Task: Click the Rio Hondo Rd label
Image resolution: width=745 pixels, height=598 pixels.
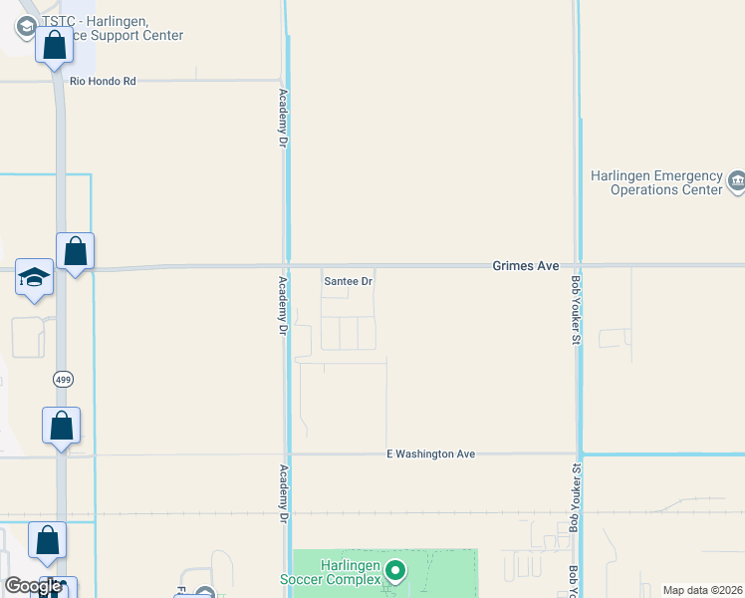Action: (102, 82)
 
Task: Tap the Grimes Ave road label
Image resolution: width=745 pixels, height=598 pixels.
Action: (525, 266)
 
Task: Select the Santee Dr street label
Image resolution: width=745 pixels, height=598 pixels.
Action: (348, 281)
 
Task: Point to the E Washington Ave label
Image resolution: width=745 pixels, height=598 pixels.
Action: (430, 454)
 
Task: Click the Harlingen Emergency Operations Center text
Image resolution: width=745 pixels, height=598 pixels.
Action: (654, 181)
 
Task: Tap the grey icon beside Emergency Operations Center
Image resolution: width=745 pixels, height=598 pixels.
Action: (736, 181)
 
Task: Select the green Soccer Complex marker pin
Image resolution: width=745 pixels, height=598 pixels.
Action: (395, 571)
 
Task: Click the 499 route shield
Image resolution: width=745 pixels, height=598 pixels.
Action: (63, 379)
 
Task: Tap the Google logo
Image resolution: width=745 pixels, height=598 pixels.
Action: (32, 586)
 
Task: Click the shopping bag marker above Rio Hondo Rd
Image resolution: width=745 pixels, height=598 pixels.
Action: (54, 46)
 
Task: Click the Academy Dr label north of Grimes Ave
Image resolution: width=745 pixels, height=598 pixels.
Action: (283, 119)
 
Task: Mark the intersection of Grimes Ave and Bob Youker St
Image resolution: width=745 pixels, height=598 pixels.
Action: (578, 266)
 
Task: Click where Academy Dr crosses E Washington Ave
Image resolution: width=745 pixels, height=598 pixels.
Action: (287, 454)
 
